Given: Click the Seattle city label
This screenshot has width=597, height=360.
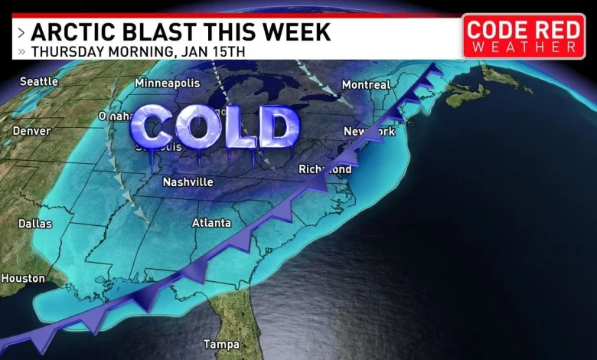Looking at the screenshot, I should coord(39,80).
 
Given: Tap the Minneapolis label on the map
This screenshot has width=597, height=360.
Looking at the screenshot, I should coord(167,83).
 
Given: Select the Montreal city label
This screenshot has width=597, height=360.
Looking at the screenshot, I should coord(365,85).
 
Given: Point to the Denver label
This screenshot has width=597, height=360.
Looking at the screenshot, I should coord(31,131).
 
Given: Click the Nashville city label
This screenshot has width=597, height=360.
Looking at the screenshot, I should coord(188,182).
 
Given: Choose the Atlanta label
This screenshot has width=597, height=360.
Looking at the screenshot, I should coord(210,223).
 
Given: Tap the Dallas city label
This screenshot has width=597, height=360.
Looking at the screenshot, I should coord(35,224).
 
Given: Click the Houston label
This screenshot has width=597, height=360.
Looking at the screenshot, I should coord(23,278).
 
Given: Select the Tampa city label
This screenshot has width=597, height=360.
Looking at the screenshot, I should coord(220,343).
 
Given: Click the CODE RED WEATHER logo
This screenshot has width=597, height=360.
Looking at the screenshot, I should coord(524,36).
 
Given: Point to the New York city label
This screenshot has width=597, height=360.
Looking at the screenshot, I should coord(369,132).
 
